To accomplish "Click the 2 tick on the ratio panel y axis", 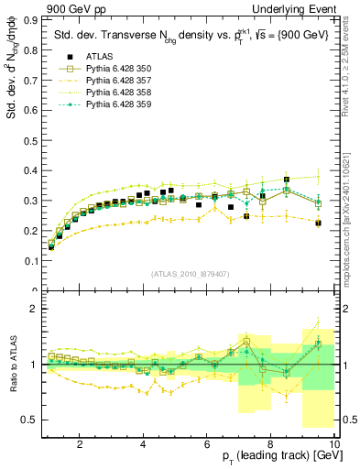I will (33, 309).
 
